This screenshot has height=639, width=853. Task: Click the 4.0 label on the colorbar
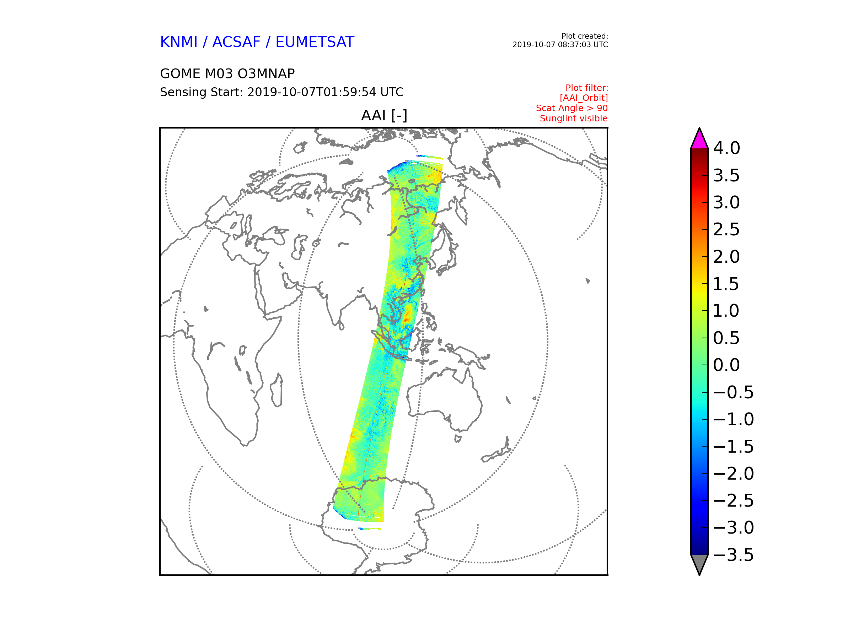pyautogui.click(x=726, y=148)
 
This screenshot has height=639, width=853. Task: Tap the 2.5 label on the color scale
pyautogui.click(x=726, y=230)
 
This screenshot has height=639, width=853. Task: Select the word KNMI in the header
pyautogui.click(x=178, y=42)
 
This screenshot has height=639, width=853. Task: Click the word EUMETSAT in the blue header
pyautogui.click(x=315, y=42)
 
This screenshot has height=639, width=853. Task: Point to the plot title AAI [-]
pyautogui.click(x=384, y=115)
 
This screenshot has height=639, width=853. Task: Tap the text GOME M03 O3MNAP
pyautogui.click(x=227, y=73)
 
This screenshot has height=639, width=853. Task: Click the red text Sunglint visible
pyautogui.click(x=573, y=119)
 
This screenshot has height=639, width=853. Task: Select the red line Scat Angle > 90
pyautogui.click(x=572, y=108)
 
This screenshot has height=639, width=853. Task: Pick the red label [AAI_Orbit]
pyautogui.click(x=584, y=98)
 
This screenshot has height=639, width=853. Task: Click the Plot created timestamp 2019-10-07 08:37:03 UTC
pyautogui.click(x=560, y=45)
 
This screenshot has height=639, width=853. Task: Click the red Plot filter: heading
pyautogui.click(x=586, y=88)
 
